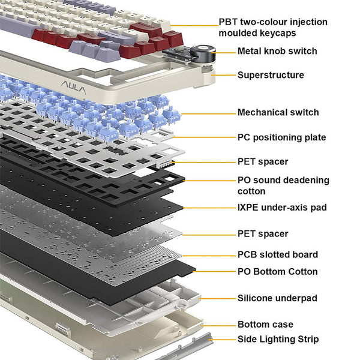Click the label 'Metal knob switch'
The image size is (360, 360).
coord(277,52)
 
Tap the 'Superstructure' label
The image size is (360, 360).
coord(271,75)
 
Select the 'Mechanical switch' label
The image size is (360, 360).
coord(278,112)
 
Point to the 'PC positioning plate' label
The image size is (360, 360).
coord(281,137)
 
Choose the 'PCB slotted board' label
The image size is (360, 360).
coord(278,254)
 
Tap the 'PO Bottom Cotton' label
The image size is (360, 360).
coord(278,271)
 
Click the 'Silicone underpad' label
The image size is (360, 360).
coord(277,298)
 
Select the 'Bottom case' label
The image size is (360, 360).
coord(265,324)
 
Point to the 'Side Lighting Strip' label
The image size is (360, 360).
coord(278,340)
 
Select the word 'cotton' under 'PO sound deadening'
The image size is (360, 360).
coord(251,191)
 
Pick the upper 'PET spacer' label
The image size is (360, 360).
coord(263,161)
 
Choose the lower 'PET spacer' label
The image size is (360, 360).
coord(263,233)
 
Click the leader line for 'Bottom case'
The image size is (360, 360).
coord(219,324)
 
